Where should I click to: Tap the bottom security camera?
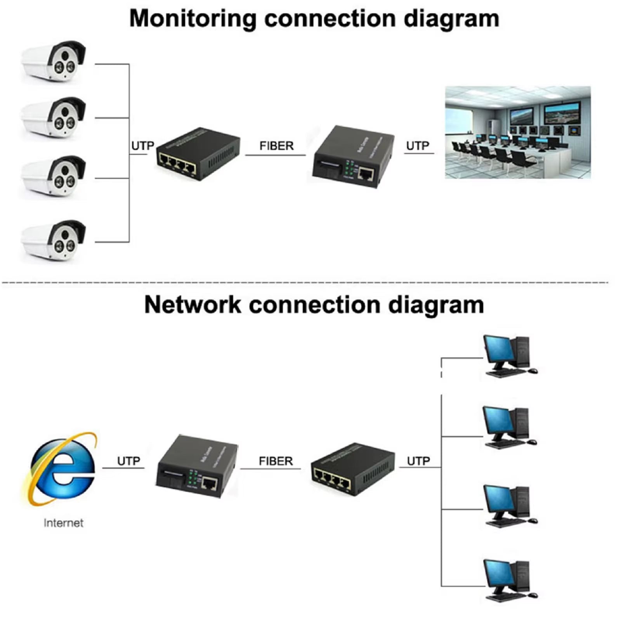tap(54, 241)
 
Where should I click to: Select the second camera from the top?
tap(54, 118)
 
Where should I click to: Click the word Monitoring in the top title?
tap(193, 18)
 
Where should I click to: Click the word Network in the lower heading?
tap(193, 305)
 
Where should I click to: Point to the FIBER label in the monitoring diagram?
tap(276, 146)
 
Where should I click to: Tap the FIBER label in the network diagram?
tap(276, 461)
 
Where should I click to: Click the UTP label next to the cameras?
tap(142, 146)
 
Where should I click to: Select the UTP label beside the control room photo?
tap(418, 146)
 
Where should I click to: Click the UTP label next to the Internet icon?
tap(128, 461)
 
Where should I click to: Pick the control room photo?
tap(517, 132)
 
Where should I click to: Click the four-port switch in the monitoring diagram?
tap(198, 153)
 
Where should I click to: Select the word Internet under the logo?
tap(63, 523)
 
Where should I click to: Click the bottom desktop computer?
tap(508, 580)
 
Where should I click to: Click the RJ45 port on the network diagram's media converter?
tap(210, 484)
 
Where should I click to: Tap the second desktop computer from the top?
tap(508, 427)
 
